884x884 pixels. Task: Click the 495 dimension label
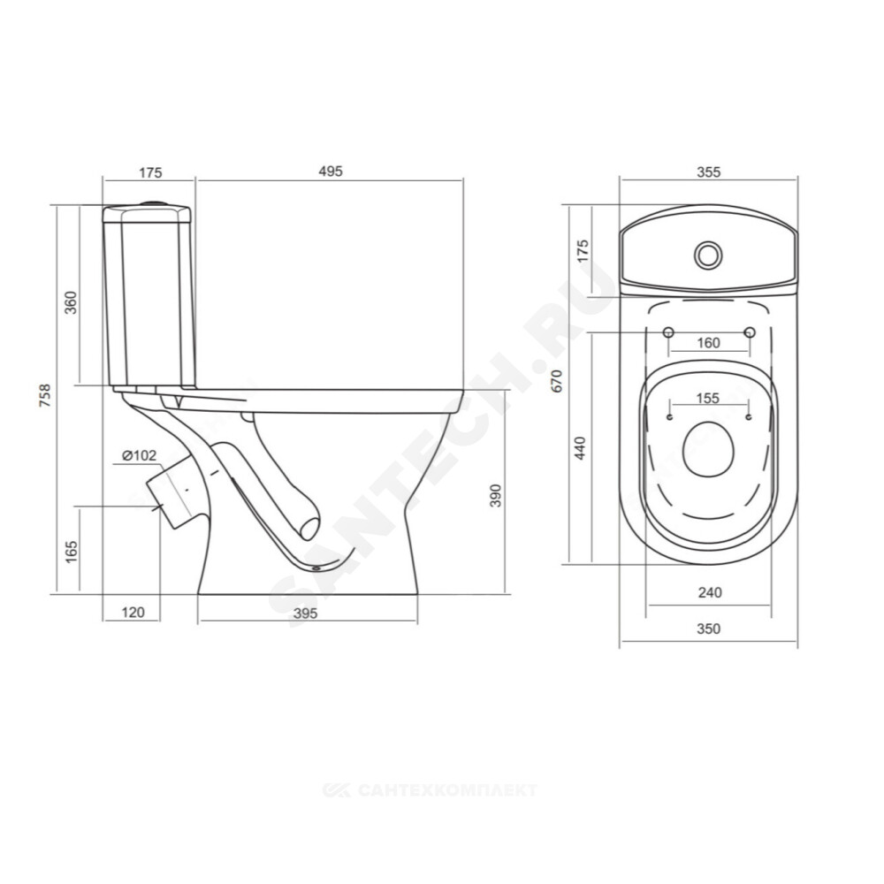pos(331,171)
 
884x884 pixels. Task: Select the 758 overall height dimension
pos(44,395)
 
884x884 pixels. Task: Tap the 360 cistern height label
pos(71,302)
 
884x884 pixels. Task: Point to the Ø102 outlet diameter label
pos(139,455)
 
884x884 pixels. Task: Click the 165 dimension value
pos(71,552)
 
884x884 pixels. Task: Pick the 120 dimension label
pos(133,612)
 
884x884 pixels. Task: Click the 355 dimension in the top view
pos(708,171)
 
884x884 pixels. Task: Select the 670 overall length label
pos(557,381)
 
